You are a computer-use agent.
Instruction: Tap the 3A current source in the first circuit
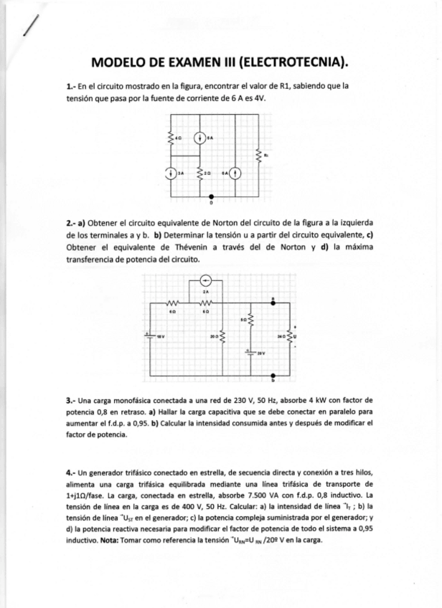coord(170,173)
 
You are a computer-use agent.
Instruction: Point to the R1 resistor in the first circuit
coord(259,153)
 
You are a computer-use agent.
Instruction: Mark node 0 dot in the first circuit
coord(211,195)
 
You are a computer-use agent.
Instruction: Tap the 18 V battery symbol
coord(149,334)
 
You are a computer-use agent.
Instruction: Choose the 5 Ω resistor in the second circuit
coord(250,321)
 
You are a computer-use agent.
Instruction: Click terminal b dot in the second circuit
coord(273,374)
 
